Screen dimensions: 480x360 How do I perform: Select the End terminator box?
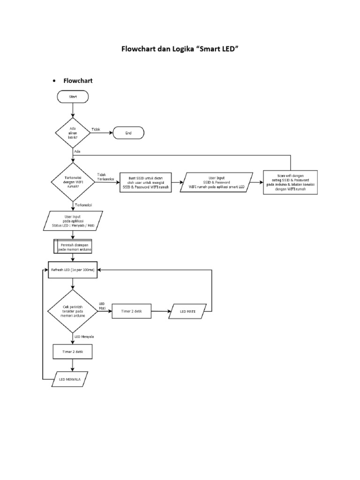tap(128, 133)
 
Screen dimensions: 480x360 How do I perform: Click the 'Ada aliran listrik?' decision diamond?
tap(73, 133)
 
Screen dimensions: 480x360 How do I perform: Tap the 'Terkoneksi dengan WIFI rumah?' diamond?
tap(73, 181)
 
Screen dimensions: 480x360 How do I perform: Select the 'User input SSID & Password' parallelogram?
tap(216, 182)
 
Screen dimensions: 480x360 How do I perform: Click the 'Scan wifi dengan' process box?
tap(290, 182)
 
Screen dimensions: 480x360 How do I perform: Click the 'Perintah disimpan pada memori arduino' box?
tap(73, 247)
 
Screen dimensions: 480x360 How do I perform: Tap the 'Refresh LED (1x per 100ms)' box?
tap(73, 271)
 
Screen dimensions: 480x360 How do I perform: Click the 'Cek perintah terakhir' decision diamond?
tap(73, 311)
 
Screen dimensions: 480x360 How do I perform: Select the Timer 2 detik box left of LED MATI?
tap(131, 311)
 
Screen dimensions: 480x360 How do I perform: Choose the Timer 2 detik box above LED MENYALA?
tap(73, 352)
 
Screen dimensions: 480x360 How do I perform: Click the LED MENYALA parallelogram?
tap(70, 379)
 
